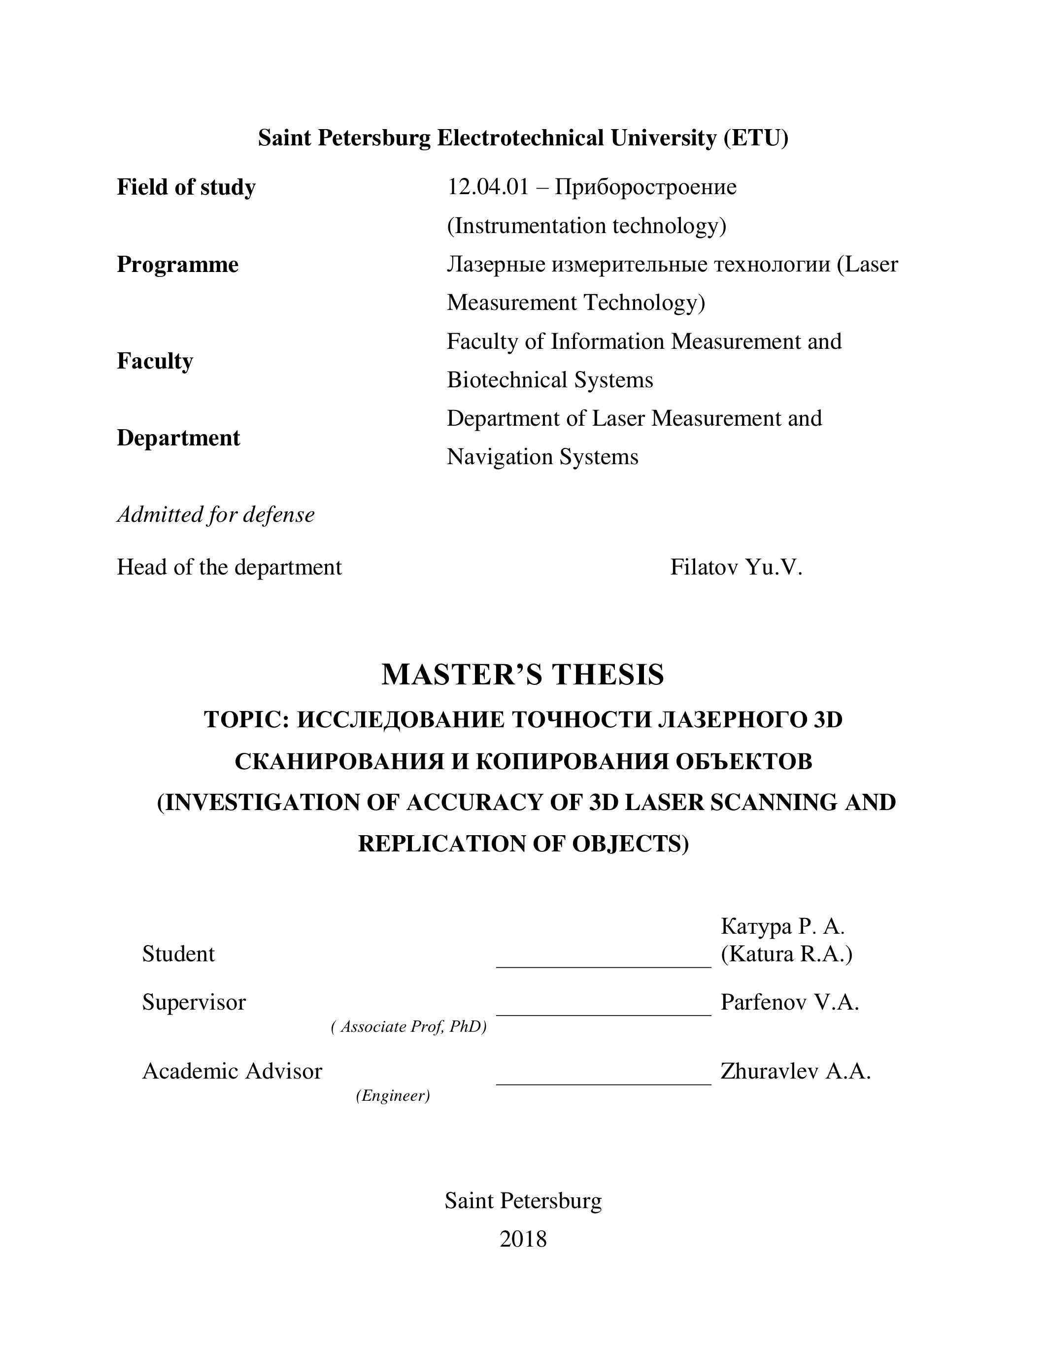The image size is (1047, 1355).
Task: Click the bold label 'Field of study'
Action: pos(186,187)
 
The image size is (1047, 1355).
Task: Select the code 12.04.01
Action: pos(487,187)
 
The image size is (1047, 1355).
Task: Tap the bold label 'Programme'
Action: pos(177,265)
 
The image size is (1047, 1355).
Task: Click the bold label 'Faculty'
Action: pos(155,361)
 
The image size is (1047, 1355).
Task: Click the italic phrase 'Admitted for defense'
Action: pos(215,515)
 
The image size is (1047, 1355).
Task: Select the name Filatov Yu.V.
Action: pos(736,567)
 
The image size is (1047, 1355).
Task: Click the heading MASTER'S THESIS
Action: pos(523,675)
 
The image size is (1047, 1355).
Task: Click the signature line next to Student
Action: pos(603,965)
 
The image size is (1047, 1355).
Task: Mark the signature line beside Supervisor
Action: pos(603,1014)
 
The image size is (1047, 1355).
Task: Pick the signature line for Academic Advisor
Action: pos(603,1083)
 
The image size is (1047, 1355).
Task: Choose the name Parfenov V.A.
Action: pos(789,1003)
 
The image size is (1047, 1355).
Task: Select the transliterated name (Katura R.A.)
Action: pos(786,953)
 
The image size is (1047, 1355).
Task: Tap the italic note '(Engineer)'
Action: pos(393,1096)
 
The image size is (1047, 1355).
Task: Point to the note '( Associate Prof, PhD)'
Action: pos(409,1027)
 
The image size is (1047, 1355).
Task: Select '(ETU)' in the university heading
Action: pos(755,138)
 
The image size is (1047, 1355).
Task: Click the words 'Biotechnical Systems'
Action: pos(549,380)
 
